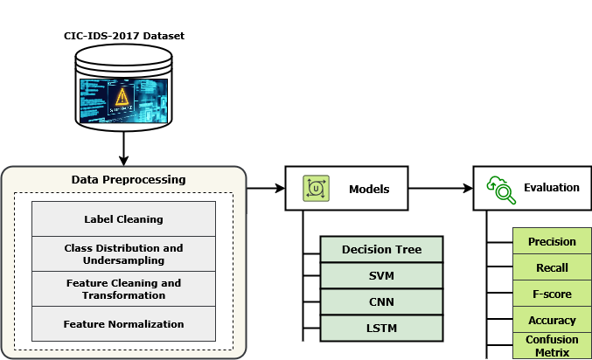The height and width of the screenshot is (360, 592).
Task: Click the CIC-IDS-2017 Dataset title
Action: pos(123,36)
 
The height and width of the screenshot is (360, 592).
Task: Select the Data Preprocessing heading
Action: pos(129,180)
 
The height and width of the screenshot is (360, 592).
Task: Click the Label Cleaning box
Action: pos(123,218)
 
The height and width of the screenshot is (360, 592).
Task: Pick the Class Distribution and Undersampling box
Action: pos(123,253)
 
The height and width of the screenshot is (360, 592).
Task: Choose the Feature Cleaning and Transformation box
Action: pos(123,289)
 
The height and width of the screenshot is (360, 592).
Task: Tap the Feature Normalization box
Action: pos(123,324)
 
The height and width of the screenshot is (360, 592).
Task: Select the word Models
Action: pos(368,188)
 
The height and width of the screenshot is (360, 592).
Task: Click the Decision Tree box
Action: pos(381,250)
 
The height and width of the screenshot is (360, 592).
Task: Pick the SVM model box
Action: pos(381,276)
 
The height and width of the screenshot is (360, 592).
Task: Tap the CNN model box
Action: pos(381,302)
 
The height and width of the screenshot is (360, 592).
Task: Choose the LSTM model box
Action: pos(381,328)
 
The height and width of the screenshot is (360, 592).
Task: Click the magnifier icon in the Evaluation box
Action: pos(501,189)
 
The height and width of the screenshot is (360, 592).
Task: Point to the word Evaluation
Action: pos(551,188)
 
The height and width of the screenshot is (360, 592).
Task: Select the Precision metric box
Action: pos(552,242)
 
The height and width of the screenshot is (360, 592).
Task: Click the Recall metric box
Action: pos(552,268)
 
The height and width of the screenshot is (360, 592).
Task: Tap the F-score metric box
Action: pos(552,294)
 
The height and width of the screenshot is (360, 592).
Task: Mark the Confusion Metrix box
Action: pos(552,346)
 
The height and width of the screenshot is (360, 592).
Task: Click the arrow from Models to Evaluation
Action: pos(441,188)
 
